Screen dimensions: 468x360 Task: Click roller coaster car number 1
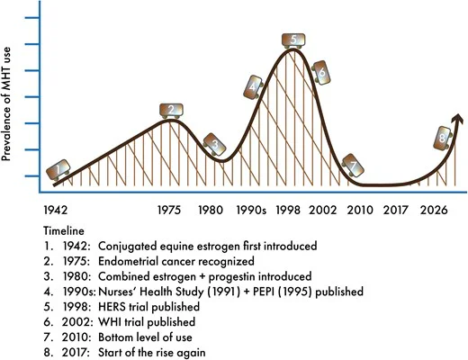pyautogui.click(x=58, y=169)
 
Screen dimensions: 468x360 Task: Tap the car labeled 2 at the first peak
pyautogui.click(x=171, y=111)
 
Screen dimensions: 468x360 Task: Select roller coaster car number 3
pyautogui.click(x=214, y=145)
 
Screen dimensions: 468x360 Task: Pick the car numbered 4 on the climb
pyautogui.click(x=253, y=87)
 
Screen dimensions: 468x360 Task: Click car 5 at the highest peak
pyautogui.click(x=293, y=40)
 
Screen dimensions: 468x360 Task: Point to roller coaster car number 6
pyautogui.click(x=321, y=73)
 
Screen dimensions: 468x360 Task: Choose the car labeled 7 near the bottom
pyautogui.click(x=353, y=166)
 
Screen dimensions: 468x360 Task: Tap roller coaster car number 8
pyautogui.click(x=443, y=139)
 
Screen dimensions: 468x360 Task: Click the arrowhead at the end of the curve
pyautogui.click(x=458, y=119)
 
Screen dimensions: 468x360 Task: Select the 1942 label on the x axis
pyautogui.click(x=56, y=210)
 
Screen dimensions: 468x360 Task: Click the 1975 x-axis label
pyautogui.click(x=169, y=210)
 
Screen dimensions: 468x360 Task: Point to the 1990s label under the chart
pyautogui.click(x=251, y=210)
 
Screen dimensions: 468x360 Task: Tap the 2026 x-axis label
pyautogui.click(x=434, y=210)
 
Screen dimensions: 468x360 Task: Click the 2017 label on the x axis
pyautogui.click(x=396, y=210)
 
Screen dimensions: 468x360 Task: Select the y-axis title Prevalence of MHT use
pyautogui.click(x=6, y=103)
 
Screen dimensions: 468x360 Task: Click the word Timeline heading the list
pyautogui.click(x=64, y=231)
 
